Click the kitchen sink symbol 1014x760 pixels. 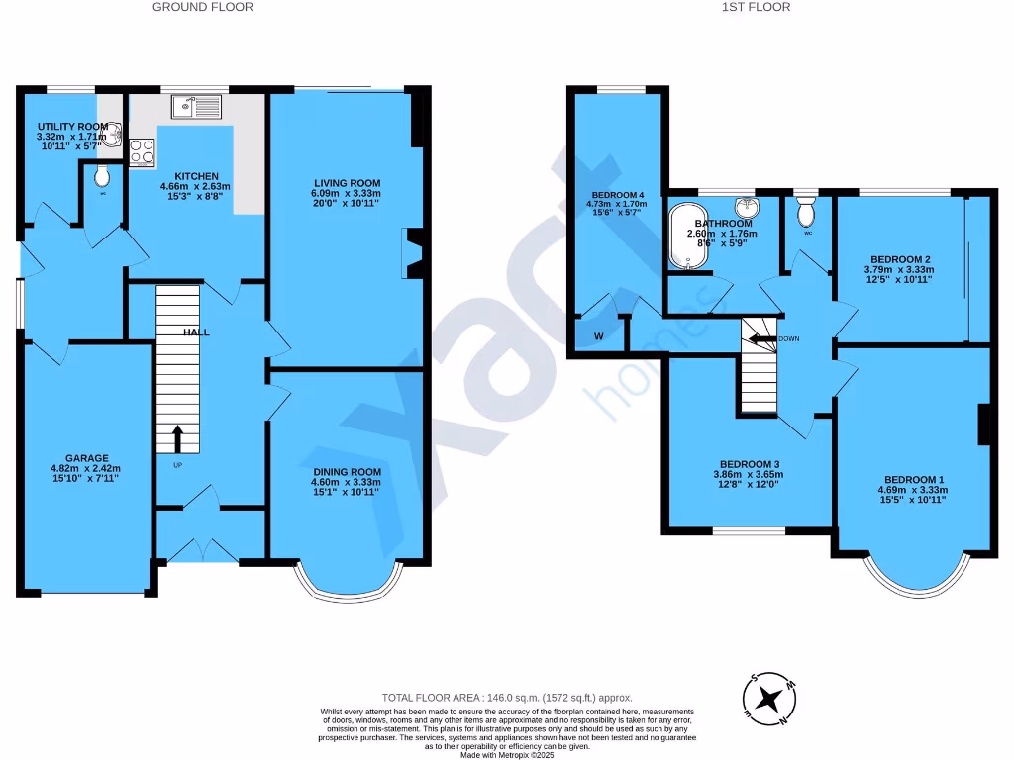coord(198,106)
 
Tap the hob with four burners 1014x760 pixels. coord(141,150)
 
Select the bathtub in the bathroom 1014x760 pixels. coord(685,235)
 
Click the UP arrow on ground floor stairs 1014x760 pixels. coord(178,437)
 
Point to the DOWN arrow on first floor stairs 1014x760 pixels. coord(762,338)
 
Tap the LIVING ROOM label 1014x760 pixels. coord(348,183)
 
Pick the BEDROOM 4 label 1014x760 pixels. coord(619,195)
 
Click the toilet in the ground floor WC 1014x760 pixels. coord(102,177)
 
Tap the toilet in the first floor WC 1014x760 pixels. coord(806,211)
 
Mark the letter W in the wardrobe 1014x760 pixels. coord(598,336)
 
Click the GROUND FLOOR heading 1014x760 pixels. coord(202,7)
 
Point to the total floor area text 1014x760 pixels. coord(507,698)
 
